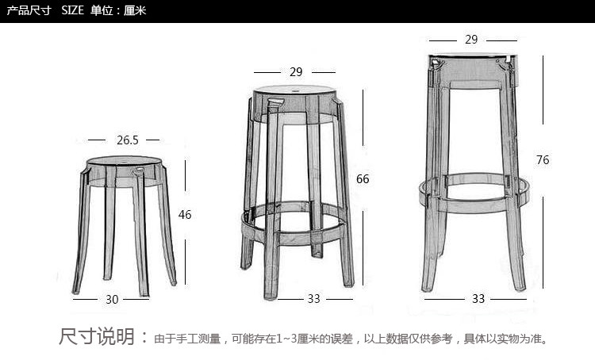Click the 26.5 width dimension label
pyautogui.click(x=128, y=140)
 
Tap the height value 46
pyautogui.click(x=185, y=214)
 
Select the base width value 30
pyautogui.click(x=112, y=299)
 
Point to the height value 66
pyautogui.click(x=363, y=179)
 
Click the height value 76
pyautogui.click(x=543, y=159)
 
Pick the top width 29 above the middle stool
pyautogui.click(x=296, y=71)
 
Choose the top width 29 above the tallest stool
pyautogui.click(x=471, y=39)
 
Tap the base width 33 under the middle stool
pyautogui.click(x=314, y=298)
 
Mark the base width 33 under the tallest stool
pyautogui.click(x=478, y=298)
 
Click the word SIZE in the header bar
pyautogui.click(x=72, y=10)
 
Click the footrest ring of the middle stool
pyautogui.click(x=296, y=216)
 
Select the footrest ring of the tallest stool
pyautogui.click(x=473, y=189)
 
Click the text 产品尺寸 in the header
pyautogui.click(x=28, y=10)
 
